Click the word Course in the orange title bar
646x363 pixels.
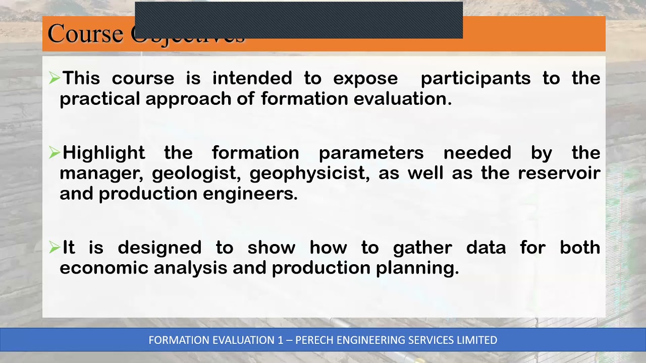tap(85, 34)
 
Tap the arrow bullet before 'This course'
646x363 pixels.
tap(54, 78)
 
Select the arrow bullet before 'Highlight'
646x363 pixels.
tap(54, 153)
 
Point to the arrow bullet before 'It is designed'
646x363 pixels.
tap(54, 248)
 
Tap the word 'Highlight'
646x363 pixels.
tap(103, 153)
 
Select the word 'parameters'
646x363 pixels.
tap(371, 153)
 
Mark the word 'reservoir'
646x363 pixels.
tap(559, 173)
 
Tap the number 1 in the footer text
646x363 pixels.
tap(280, 340)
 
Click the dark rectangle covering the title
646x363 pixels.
tap(299, 20)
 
